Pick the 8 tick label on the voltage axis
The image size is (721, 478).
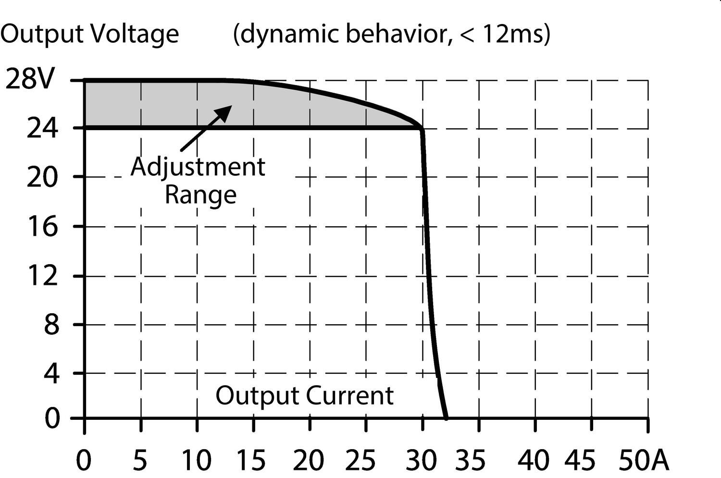pyautogui.click(x=51, y=325)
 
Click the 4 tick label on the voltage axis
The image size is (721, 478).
pyautogui.click(x=51, y=374)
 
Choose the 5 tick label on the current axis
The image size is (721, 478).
pyautogui.click(x=139, y=460)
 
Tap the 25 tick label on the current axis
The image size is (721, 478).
pyautogui.click(x=360, y=460)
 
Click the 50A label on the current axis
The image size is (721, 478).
pyautogui.click(x=643, y=460)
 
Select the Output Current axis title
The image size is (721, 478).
pyautogui.click(x=304, y=396)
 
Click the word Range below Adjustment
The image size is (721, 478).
pyautogui.click(x=200, y=195)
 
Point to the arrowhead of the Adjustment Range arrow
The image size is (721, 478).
pyautogui.click(x=225, y=112)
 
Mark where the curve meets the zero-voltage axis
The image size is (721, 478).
pyautogui.click(x=447, y=418)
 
